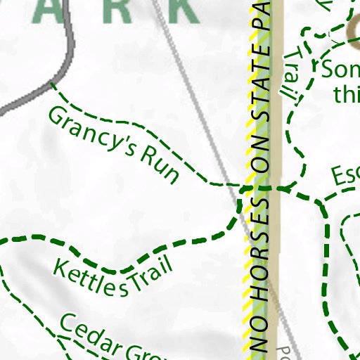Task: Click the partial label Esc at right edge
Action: pos(345,176)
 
